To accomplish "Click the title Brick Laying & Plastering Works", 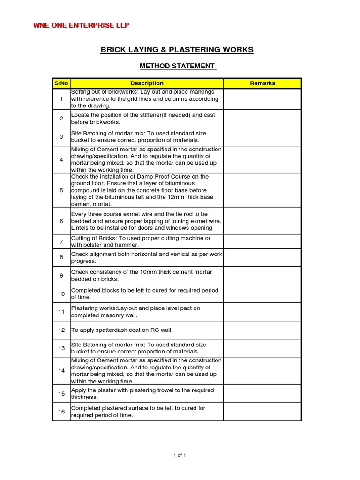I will coord(177,50).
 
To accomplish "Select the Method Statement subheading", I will coord(177,66).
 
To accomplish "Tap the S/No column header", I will coord(61,83).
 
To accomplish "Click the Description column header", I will coord(147,83).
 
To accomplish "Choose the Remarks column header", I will coord(262,83).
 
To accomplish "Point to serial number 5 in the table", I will coord(61,190).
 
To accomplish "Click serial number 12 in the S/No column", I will coord(61,330).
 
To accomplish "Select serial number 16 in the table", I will coord(61,412).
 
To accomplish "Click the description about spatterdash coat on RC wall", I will coord(122,330).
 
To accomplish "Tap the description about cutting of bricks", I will coord(141,241).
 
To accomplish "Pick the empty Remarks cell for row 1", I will coord(262,99).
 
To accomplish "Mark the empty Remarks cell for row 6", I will coord(262,221).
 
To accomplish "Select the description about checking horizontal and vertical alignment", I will coord(146,257).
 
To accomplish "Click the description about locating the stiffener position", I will coord(143,119).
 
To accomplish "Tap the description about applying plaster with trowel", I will coord(142,393).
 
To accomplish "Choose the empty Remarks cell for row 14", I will coord(262,371).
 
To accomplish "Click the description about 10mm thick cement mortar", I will coord(141,276).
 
